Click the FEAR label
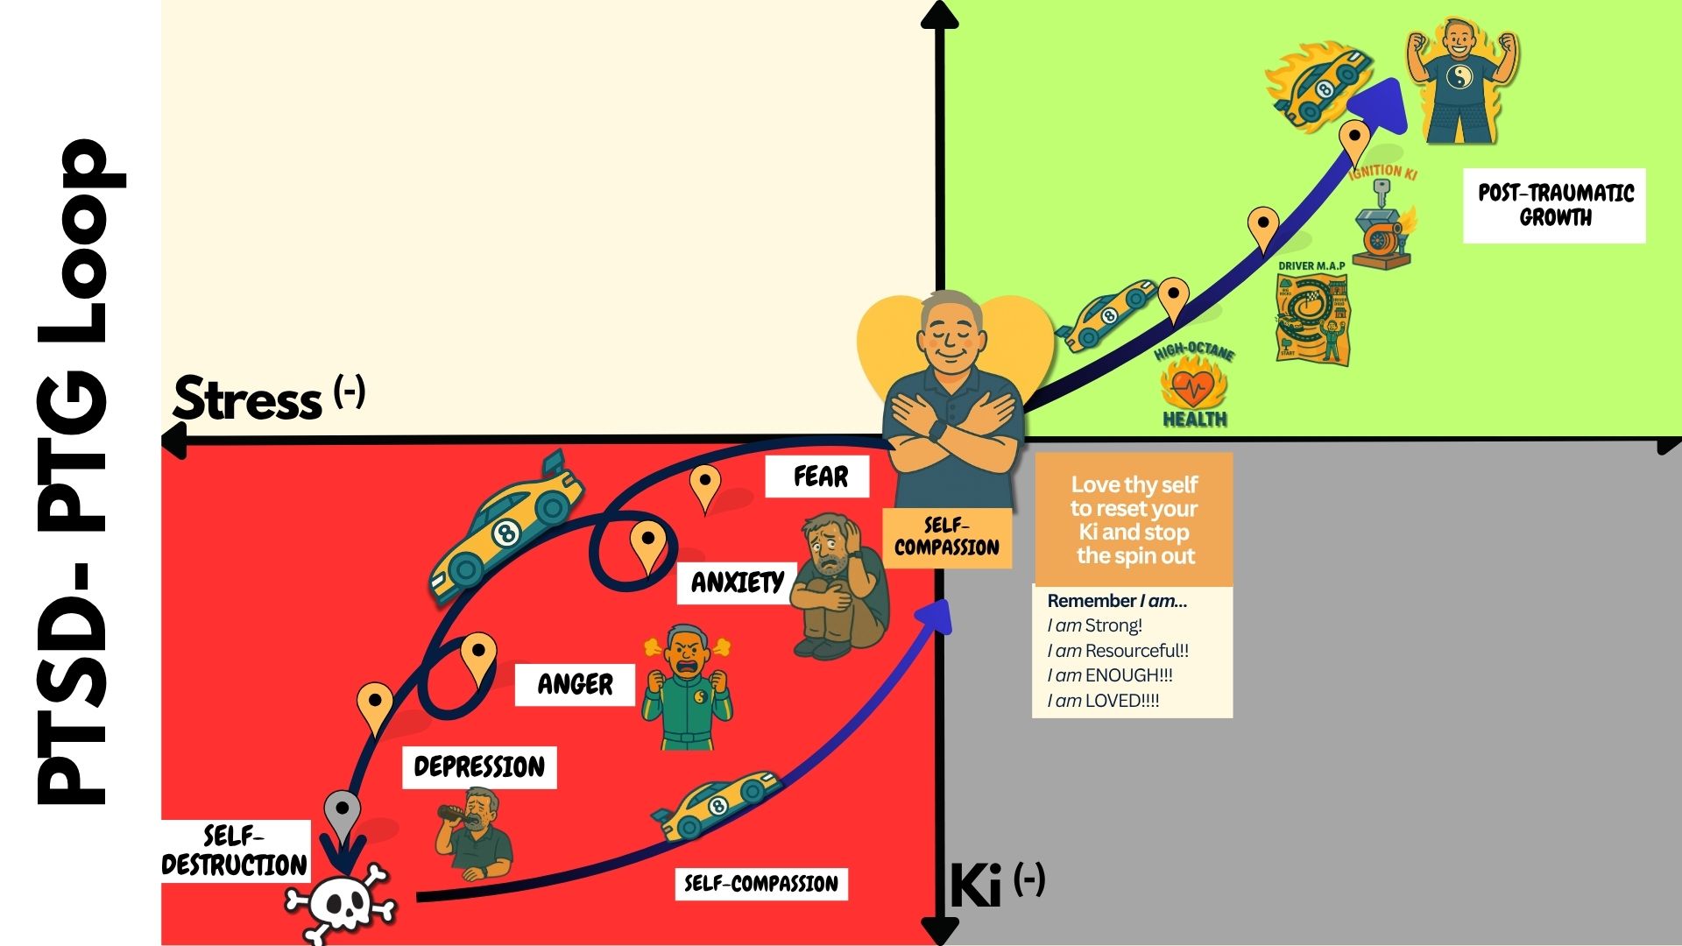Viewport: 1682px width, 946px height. tap(819, 477)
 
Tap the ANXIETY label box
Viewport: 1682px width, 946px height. tap(737, 582)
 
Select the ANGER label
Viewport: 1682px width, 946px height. tap(575, 684)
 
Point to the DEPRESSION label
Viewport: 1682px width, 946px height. tap(479, 767)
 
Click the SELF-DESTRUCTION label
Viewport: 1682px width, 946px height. tap(235, 851)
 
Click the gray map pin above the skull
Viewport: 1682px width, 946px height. tap(342, 810)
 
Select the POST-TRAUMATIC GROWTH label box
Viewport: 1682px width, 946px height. tap(1555, 205)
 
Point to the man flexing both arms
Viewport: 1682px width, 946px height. tap(1460, 79)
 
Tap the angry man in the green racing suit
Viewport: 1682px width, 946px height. tap(688, 687)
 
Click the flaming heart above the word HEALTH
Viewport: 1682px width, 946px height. tap(1193, 385)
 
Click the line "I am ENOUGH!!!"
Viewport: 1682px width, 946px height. tap(1109, 675)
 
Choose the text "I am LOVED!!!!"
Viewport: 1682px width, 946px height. tap(1103, 701)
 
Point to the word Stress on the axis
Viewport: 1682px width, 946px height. tap(248, 400)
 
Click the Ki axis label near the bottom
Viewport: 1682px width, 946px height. tap(976, 886)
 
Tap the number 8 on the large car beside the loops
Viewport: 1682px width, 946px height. tap(505, 532)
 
